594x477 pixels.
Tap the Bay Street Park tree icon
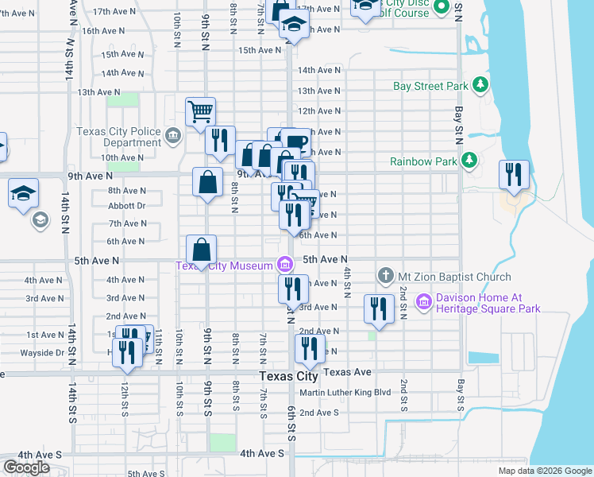480,84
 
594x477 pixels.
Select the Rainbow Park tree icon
469,161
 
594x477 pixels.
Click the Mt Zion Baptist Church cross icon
385,277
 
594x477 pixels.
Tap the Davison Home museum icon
423,302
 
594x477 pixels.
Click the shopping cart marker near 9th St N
200,111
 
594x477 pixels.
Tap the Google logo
25,467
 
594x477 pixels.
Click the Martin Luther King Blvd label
345,393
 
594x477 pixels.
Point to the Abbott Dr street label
127,205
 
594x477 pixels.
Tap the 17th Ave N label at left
111,13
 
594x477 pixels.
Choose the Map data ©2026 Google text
544,471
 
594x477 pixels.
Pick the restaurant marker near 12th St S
126,351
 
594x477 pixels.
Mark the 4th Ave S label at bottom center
262,453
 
